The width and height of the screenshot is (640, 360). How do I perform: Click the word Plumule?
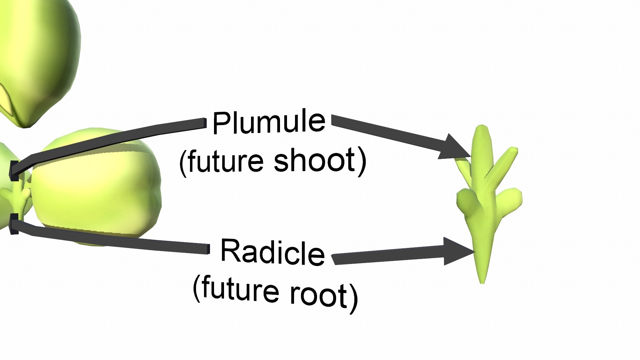click(x=269, y=122)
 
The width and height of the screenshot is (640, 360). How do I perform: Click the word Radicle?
click(x=272, y=252)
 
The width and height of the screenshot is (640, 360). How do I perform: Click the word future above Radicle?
click(x=225, y=161)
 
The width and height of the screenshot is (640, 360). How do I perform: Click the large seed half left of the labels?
click(x=97, y=187)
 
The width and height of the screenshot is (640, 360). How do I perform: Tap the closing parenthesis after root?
click(x=354, y=298)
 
